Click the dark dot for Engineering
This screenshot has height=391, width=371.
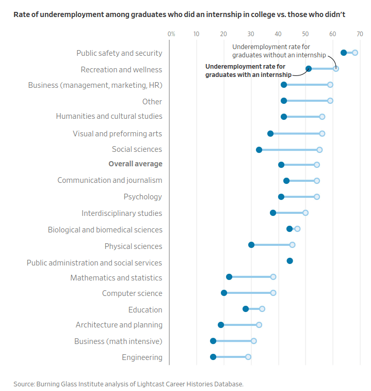click(213, 357)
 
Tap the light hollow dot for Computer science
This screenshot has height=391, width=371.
click(273, 293)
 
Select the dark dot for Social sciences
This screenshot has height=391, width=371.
click(259, 150)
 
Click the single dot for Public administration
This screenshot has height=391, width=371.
click(290, 261)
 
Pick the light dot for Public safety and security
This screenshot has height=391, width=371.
click(355, 53)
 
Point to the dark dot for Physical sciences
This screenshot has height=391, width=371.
click(251, 245)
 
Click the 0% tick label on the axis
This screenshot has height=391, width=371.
click(171, 34)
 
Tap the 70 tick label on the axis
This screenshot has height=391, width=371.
click(360, 34)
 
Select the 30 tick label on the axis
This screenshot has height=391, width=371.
click(251, 34)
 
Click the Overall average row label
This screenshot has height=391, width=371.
click(135, 164)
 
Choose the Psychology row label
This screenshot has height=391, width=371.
click(143, 197)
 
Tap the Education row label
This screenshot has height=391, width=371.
click(146, 310)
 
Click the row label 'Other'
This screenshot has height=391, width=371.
click(152, 102)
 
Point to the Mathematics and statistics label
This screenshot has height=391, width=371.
click(116, 278)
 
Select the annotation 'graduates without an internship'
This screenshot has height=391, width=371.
click(279, 55)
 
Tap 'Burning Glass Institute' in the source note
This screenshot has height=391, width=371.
click(66, 384)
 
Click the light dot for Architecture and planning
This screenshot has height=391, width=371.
click(259, 325)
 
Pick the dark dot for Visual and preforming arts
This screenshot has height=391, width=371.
click(270, 134)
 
